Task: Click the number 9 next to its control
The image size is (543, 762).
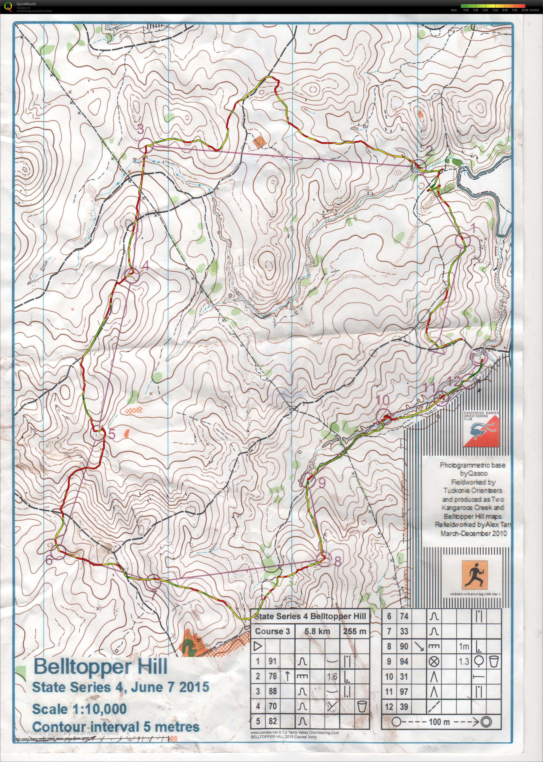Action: click(322, 483)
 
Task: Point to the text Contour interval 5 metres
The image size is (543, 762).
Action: click(116, 724)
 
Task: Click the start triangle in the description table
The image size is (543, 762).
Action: click(258, 646)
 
